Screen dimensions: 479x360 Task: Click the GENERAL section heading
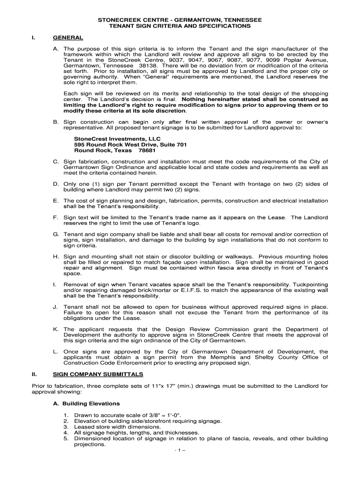click(68, 37)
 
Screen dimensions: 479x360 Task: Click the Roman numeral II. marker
click(34, 374)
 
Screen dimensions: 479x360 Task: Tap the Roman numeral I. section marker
click(33, 37)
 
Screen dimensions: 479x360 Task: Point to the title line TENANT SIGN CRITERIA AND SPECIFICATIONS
click(180, 26)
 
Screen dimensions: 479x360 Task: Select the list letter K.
click(56, 329)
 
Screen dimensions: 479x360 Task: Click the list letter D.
click(56, 183)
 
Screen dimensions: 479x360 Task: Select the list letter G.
click(56, 234)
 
